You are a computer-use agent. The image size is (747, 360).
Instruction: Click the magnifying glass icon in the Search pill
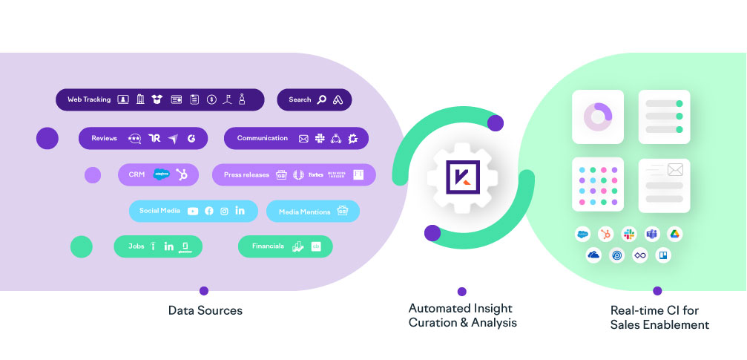[321, 99]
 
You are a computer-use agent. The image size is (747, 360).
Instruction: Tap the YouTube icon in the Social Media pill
[193, 212]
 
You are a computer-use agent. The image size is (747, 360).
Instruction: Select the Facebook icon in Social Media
[208, 212]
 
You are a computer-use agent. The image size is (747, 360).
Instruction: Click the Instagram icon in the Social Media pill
[224, 212]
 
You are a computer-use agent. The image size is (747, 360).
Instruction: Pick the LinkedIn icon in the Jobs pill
[168, 246]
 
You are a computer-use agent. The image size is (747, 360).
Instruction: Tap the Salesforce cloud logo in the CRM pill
[161, 174]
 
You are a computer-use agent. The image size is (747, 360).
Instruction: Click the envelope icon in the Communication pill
[303, 138]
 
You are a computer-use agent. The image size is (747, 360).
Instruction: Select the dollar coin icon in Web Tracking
[212, 99]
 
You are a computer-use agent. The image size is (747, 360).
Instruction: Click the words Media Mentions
[304, 212]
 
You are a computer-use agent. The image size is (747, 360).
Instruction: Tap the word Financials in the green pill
[268, 246]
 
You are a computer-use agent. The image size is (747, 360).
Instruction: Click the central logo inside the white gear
[462, 177]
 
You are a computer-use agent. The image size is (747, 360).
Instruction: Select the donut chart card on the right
[597, 117]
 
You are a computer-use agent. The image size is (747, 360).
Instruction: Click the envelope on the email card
[674, 170]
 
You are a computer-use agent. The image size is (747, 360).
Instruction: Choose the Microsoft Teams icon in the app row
[651, 234]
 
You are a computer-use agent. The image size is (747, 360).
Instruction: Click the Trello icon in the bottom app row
[662, 255]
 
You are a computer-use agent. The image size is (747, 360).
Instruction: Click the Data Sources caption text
[205, 310]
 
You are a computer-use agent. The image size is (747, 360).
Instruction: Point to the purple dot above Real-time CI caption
[657, 291]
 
